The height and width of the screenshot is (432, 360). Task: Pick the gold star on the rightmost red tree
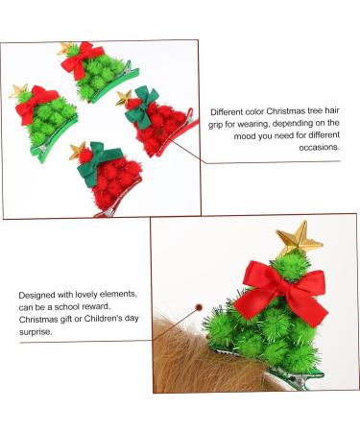pyautogui.click(x=124, y=97)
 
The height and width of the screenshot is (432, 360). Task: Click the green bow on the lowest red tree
pyautogui.click(x=92, y=165)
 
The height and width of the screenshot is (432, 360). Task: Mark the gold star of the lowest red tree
pyautogui.click(x=75, y=149)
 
